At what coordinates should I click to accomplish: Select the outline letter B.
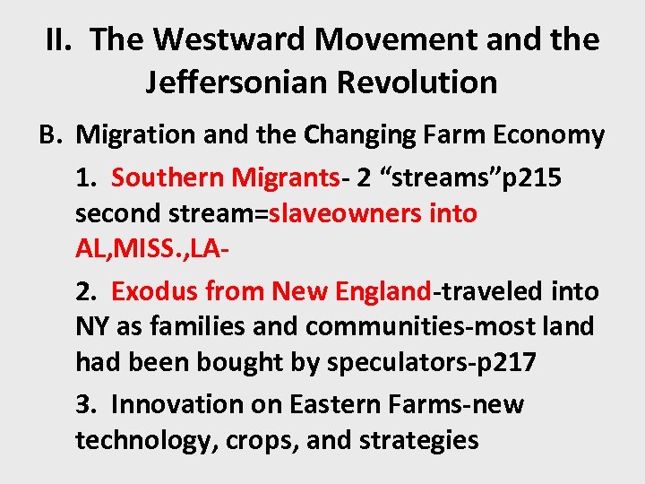click(x=49, y=135)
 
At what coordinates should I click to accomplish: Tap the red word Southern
click(x=168, y=177)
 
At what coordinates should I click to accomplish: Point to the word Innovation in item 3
click(x=173, y=404)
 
